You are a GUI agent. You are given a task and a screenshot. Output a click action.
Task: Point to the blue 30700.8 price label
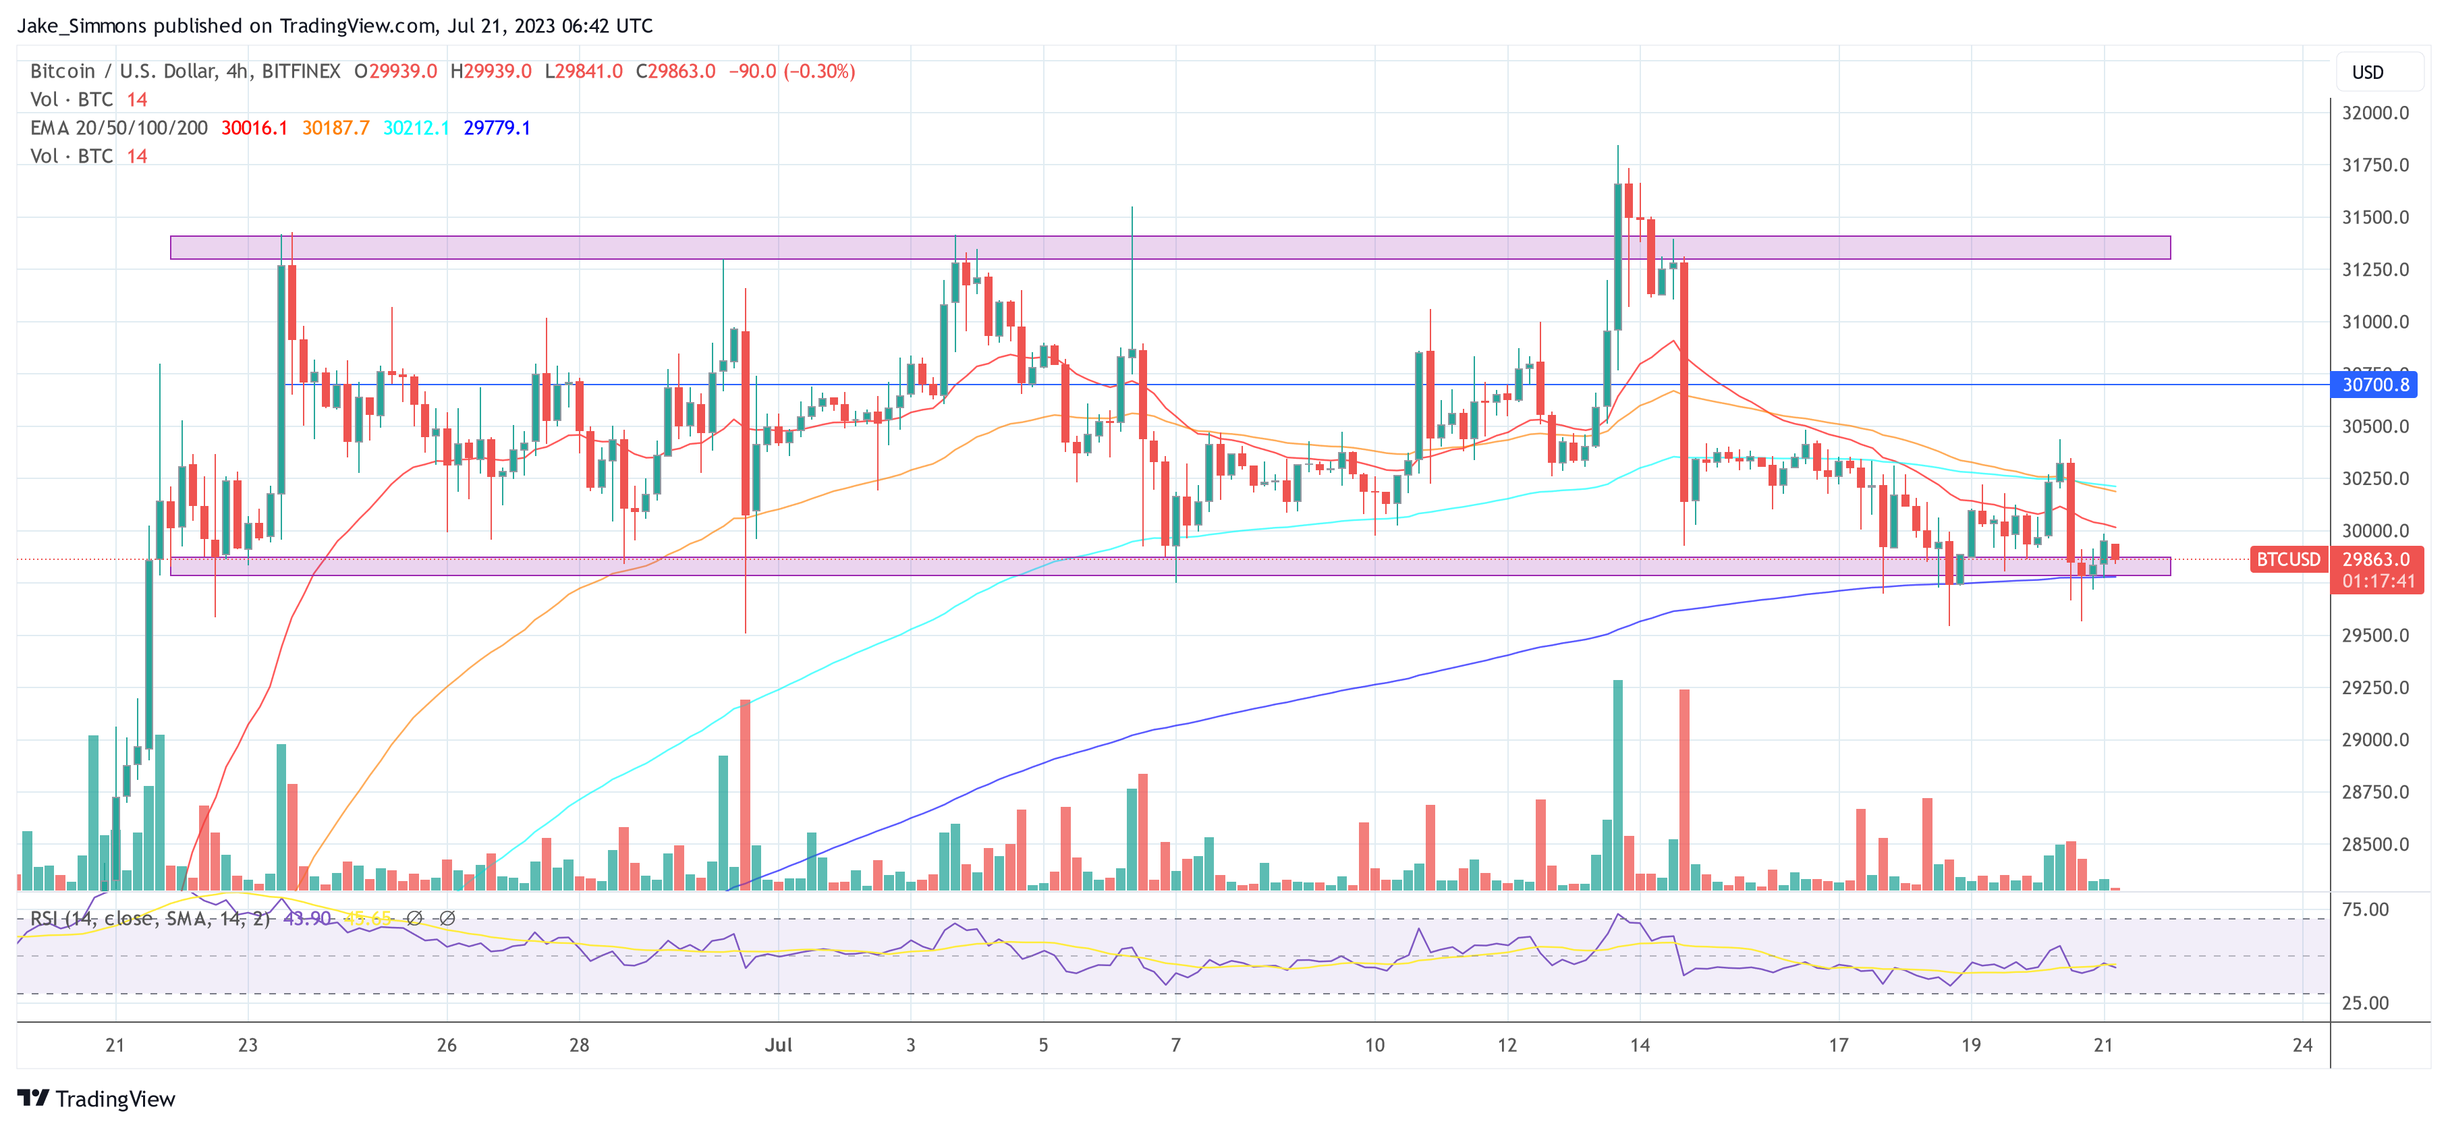[x=2375, y=385]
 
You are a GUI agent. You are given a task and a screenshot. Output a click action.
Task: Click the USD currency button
[x=2366, y=73]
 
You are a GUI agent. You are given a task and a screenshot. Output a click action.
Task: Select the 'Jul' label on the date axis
[x=778, y=1045]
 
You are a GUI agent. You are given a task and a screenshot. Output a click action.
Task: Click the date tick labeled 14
[x=1639, y=1045]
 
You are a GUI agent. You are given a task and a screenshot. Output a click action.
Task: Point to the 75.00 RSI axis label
[x=2364, y=909]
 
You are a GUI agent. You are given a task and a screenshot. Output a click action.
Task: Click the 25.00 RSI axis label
[x=2364, y=1003]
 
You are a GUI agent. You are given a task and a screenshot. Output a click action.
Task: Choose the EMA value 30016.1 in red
[x=254, y=128]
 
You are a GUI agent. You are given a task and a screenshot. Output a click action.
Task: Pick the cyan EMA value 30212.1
[x=415, y=128]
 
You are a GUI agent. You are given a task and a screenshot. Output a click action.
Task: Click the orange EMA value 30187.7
[x=335, y=128]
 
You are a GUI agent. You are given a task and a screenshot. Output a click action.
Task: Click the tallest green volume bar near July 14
[x=1617, y=784]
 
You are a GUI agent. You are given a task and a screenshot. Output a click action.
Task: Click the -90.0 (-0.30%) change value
[x=791, y=72]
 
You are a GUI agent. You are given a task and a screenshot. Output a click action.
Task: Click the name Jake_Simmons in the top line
[x=82, y=26]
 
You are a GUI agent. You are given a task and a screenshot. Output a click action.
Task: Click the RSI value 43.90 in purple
[x=307, y=919]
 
